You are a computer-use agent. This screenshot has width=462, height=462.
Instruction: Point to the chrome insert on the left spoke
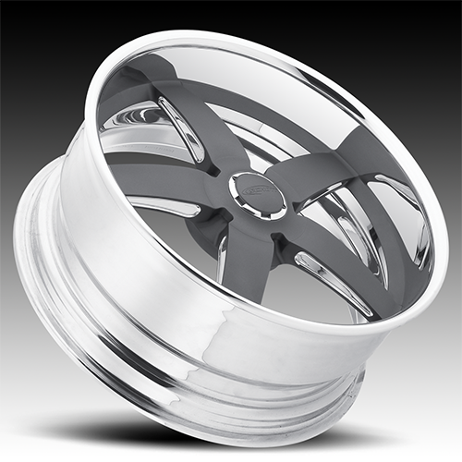point(164,205)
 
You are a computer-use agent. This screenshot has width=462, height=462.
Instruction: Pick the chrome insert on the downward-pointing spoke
point(222,268)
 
